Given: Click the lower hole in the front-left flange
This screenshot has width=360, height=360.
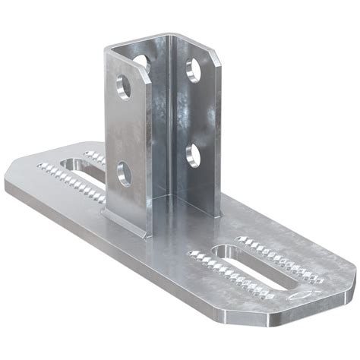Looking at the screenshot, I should click(x=125, y=174).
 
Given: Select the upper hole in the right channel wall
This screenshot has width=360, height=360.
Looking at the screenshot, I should click(x=194, y=70).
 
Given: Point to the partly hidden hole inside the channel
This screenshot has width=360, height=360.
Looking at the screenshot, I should click(x=142, y=65).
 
